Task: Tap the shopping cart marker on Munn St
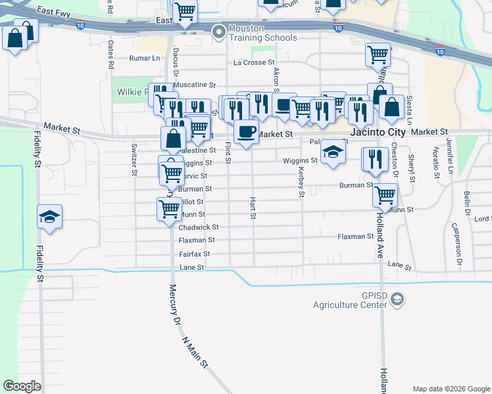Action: pyautogui.click(x=169, y=209)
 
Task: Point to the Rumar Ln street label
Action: pyautogui.click(x=145, y=58)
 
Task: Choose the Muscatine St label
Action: pyautogui.click(x=194, y=85)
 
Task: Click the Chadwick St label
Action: pyautogui.click(x=198, y=227)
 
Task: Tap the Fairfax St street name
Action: pyautogui.click(x=194, y=253)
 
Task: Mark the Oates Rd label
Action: pyautogui.click(x=111, y=55)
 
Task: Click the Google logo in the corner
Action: pyautogui.click(x=22, y=385)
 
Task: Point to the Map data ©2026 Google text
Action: pyautogui.click(x=451, y=389)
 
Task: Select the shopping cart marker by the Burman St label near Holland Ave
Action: pyautogui.click(x=385, y=194)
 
